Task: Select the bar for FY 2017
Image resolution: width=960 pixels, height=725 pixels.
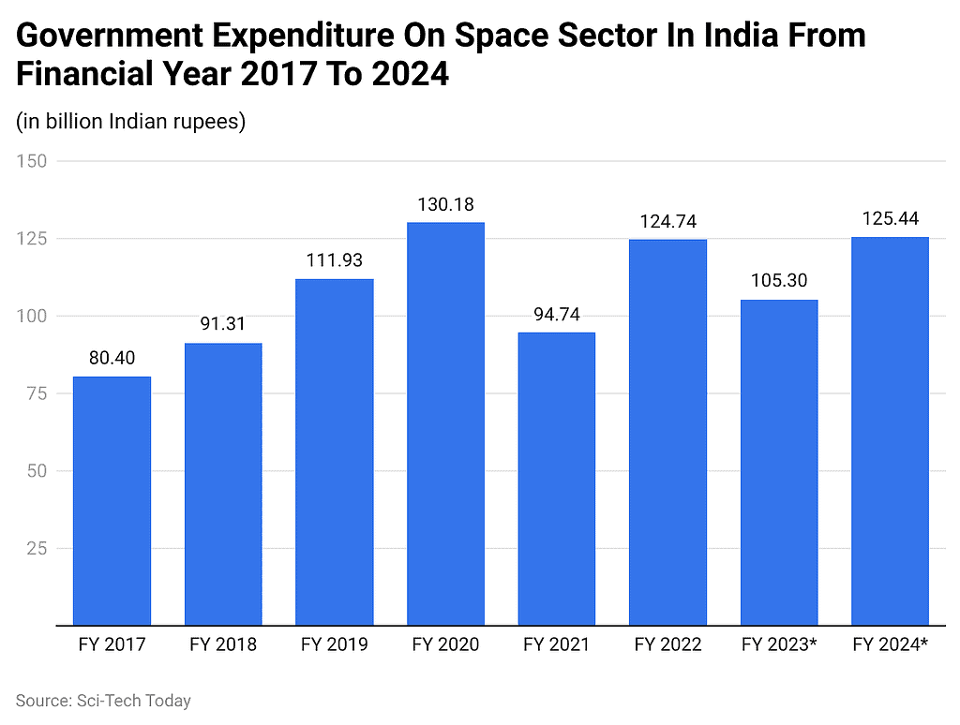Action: [112, 500]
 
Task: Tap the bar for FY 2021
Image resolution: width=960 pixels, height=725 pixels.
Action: [556, 478]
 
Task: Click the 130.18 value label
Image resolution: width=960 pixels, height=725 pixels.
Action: [445, 203]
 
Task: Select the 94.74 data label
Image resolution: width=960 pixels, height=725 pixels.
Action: [556, 313]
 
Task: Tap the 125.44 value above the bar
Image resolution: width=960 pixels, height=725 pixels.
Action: [890, 218]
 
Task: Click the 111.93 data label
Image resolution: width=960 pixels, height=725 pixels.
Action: [334, 259]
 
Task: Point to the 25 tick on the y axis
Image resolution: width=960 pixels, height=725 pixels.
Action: [37, 548]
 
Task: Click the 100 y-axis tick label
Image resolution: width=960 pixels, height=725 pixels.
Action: [32, 317]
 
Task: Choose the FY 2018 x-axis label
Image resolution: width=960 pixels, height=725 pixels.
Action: [223, 644]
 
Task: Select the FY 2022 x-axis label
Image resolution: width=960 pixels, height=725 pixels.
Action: [667, 644]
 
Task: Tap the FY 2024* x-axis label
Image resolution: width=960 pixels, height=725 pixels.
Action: [890, 644]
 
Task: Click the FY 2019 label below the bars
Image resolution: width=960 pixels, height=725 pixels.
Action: [334, 644]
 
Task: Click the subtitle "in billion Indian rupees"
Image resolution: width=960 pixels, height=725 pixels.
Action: [130, 122]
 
